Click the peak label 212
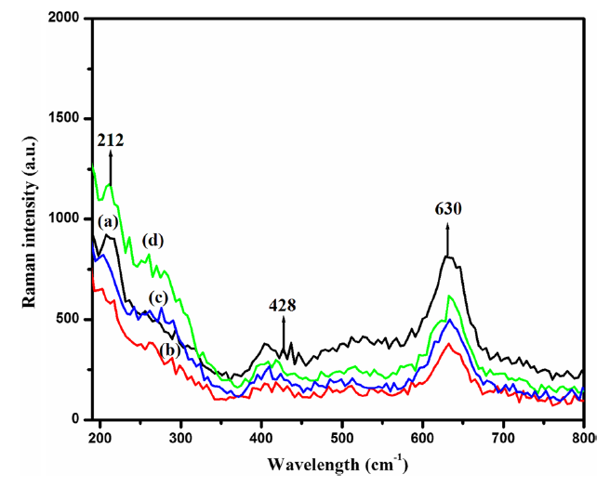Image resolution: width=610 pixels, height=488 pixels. [x=110, y=140]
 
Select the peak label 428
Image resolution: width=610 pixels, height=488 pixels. [x=283, y=305]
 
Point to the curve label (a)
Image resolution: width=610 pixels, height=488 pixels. [x=109, y=222]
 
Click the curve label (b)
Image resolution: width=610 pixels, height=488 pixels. [x=169, y=350]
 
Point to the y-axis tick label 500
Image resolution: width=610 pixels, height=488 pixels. [x=73, y=319]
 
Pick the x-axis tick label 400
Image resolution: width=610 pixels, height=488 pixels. [x=261, y=435]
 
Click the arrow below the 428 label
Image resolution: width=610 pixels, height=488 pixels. [x=284, y=330]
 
